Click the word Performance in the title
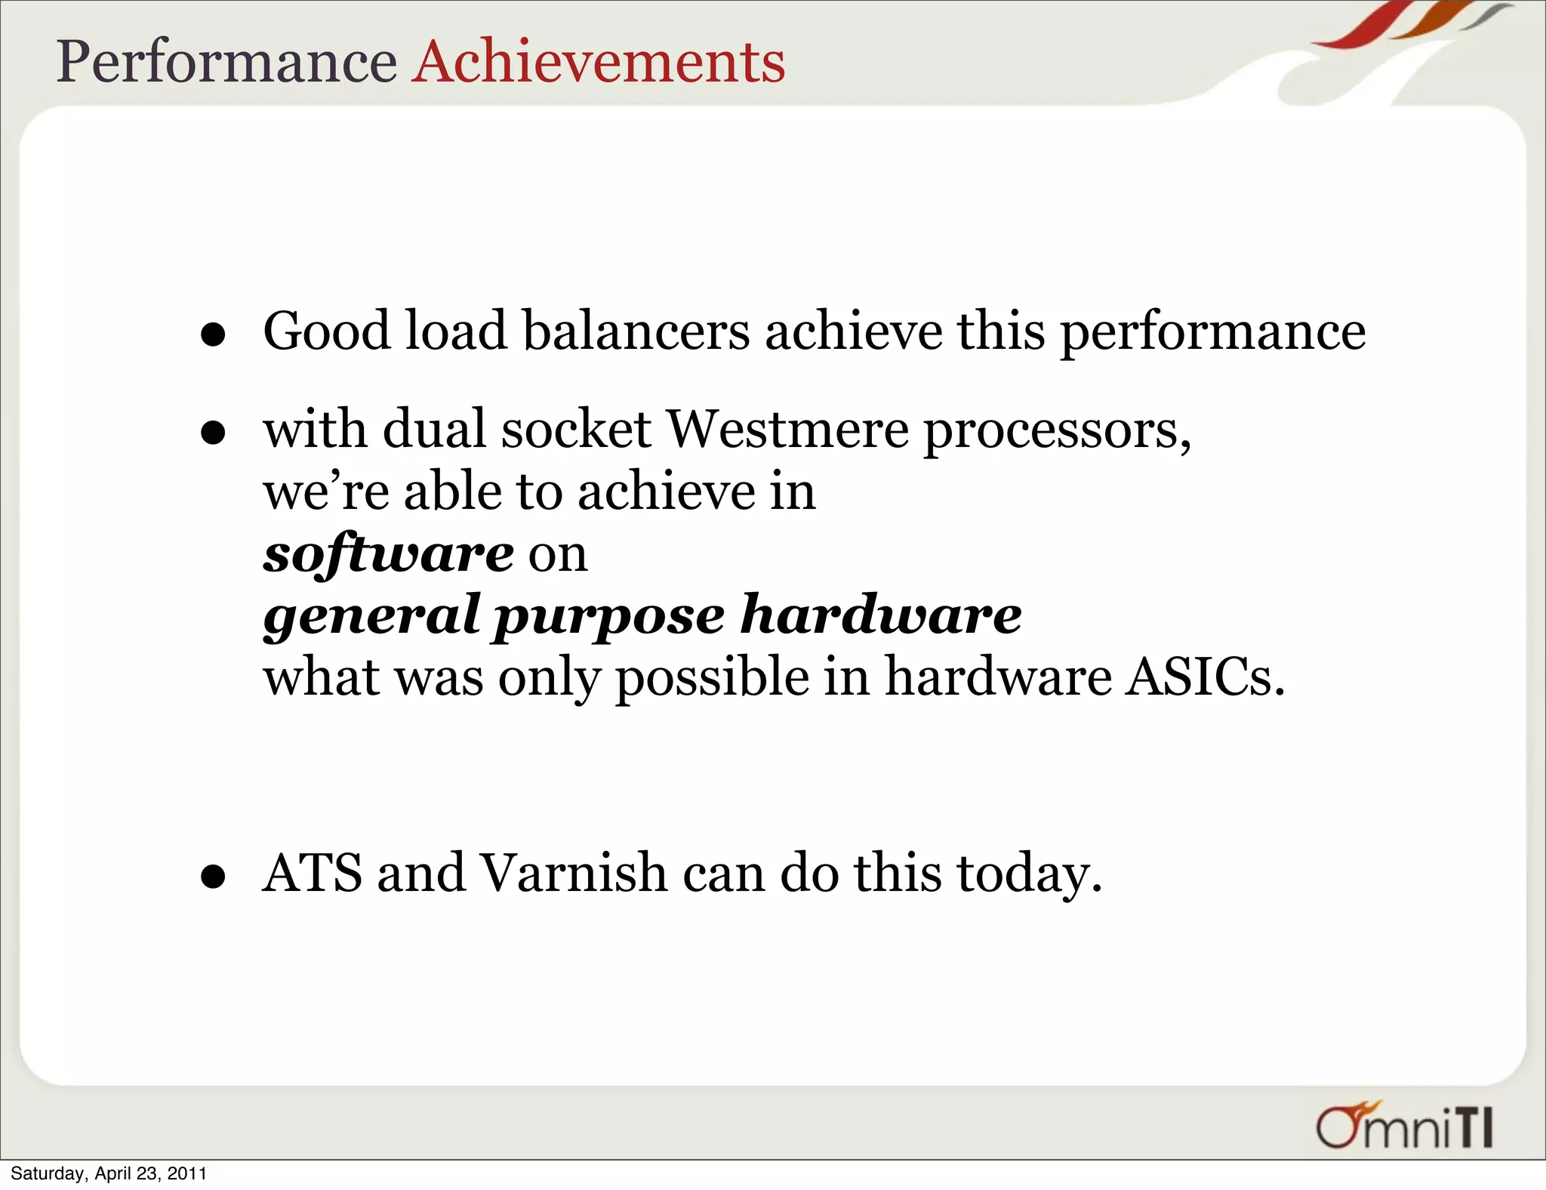tap(226, 62)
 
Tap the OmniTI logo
tap(1404, 1127)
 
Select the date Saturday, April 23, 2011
tap(109, 1173)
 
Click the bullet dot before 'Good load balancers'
tap(214, 334)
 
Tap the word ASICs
tap(1204, 677)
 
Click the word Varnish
tap(574, 873)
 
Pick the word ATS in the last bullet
tap(312, 873)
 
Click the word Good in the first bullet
tap(326, 331)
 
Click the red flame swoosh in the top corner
tap(1359, 26)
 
